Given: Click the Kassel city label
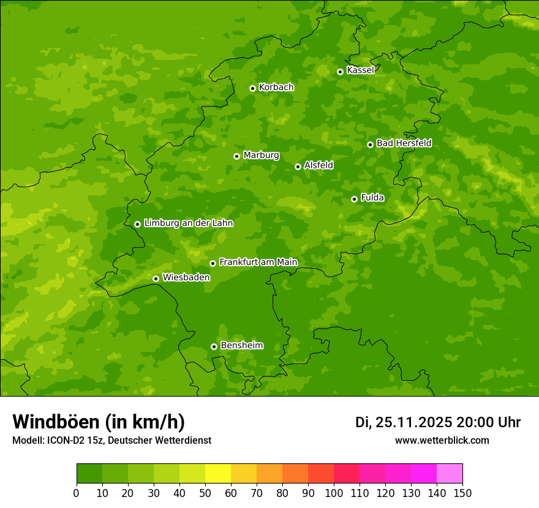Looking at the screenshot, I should [x=360, y=70].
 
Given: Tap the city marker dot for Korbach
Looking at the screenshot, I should [x=252, y=88].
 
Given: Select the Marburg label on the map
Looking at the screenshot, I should [x=261, y=155].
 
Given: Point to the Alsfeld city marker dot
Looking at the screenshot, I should [x=298, y=166].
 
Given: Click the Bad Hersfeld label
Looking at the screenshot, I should [x=404, y=143].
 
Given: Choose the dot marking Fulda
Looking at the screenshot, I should [x=354, y=199].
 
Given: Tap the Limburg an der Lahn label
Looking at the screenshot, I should [x=188, y=223].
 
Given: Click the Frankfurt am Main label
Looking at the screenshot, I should [x=258, y=263].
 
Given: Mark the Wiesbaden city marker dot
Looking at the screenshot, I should [x=156, y=278].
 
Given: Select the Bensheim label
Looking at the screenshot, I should [x=241, y=346].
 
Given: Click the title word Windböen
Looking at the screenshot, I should [x=56, y=422].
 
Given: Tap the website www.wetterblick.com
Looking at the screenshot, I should [x=442, y=440].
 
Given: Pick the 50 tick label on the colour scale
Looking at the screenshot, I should [x=205, y=493].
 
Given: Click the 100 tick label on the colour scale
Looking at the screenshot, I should [x=334, y=493].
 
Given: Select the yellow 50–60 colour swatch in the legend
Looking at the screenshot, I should [x=218, y=474].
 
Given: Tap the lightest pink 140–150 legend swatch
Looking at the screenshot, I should [x=450, y=474].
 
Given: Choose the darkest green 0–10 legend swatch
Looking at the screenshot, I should [x=89, y=474].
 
